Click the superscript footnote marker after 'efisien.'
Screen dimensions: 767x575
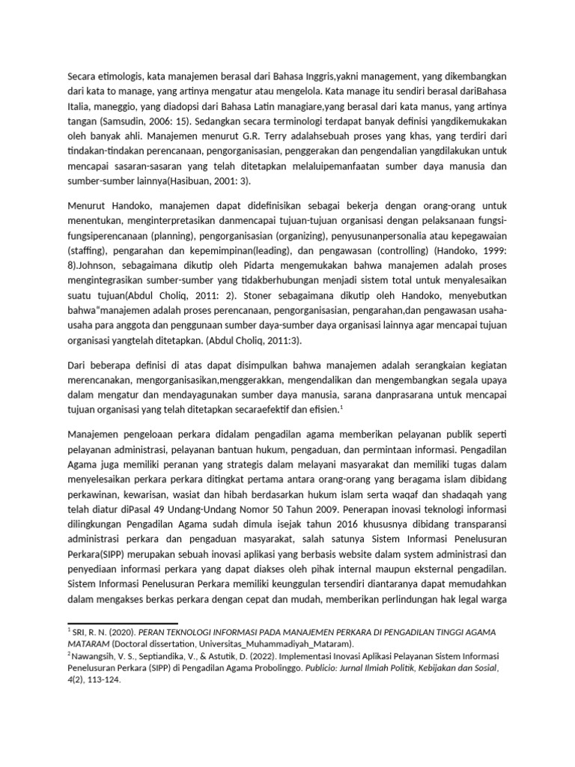coord(341,406)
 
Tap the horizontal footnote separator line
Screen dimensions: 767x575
coord(123,623)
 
